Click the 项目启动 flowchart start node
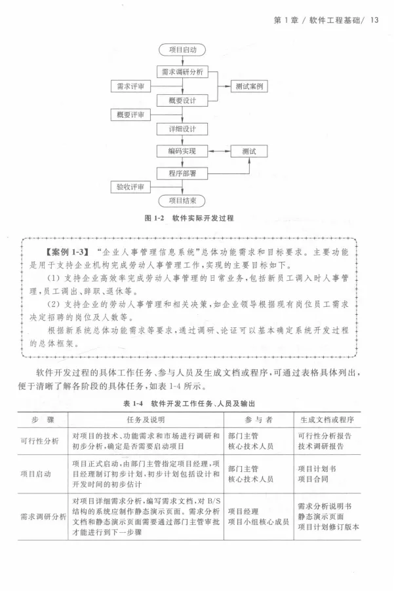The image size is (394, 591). tap(182, 50)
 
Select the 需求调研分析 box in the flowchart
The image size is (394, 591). tap(182, 72)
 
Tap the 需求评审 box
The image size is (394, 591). tap(130, 86)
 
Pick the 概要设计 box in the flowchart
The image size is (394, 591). tap(182, 100)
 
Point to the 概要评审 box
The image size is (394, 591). tap(130, 115)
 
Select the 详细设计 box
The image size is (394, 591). tap(182, 128)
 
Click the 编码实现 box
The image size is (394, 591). tap(182, 151)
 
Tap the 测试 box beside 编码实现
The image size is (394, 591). tap(249, 151)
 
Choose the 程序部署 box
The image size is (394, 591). tap(182, 173)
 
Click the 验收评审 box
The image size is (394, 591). tap(130, 187)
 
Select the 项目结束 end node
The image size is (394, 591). tap(182, 201)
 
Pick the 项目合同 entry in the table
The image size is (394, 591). tap(315, 479)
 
